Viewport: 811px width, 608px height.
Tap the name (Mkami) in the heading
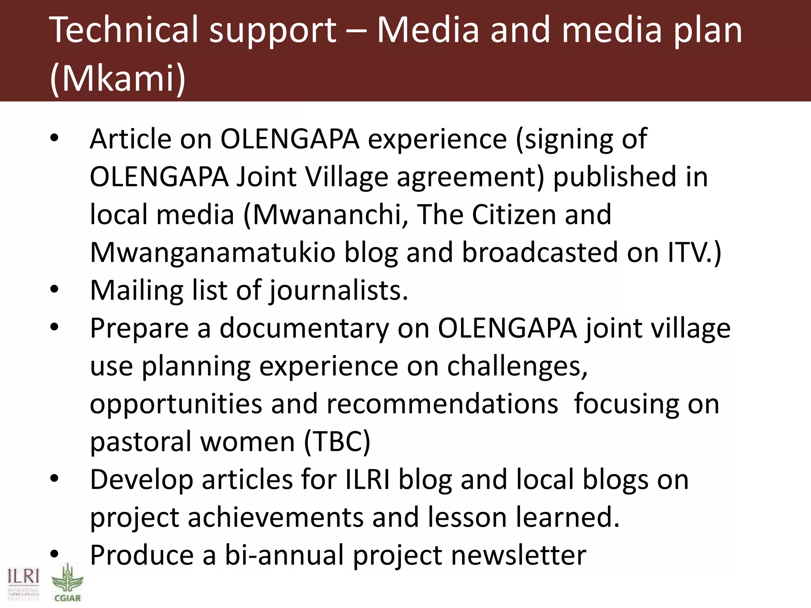point(118,78)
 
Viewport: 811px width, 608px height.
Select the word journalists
point(339,291)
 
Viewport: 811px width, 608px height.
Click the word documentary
point(304,329)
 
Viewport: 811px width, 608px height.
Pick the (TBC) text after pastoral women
point(337,442)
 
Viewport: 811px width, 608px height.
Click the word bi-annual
point(284,555)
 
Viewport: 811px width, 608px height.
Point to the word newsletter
point(519,555)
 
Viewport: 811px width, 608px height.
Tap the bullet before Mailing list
point(54,289)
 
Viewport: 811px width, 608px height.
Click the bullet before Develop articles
point(54,479)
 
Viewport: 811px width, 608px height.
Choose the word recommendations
point(442,404)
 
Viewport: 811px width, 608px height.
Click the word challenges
point(517,367)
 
